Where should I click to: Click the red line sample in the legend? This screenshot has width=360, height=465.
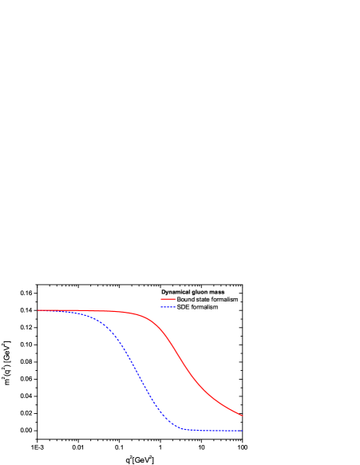168,299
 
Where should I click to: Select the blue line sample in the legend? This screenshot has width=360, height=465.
168,306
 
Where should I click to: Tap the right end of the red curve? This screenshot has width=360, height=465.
242,415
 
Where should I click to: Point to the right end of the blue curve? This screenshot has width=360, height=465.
242,431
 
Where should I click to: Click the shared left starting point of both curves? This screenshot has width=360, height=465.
38,310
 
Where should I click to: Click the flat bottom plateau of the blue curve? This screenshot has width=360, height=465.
212,431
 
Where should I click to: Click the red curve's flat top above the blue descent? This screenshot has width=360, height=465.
120,311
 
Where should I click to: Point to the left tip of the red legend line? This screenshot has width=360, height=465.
161,299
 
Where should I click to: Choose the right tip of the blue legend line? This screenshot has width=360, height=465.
176,306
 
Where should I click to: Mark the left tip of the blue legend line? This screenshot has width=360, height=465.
161,306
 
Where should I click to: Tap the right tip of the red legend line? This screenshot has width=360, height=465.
176,299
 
